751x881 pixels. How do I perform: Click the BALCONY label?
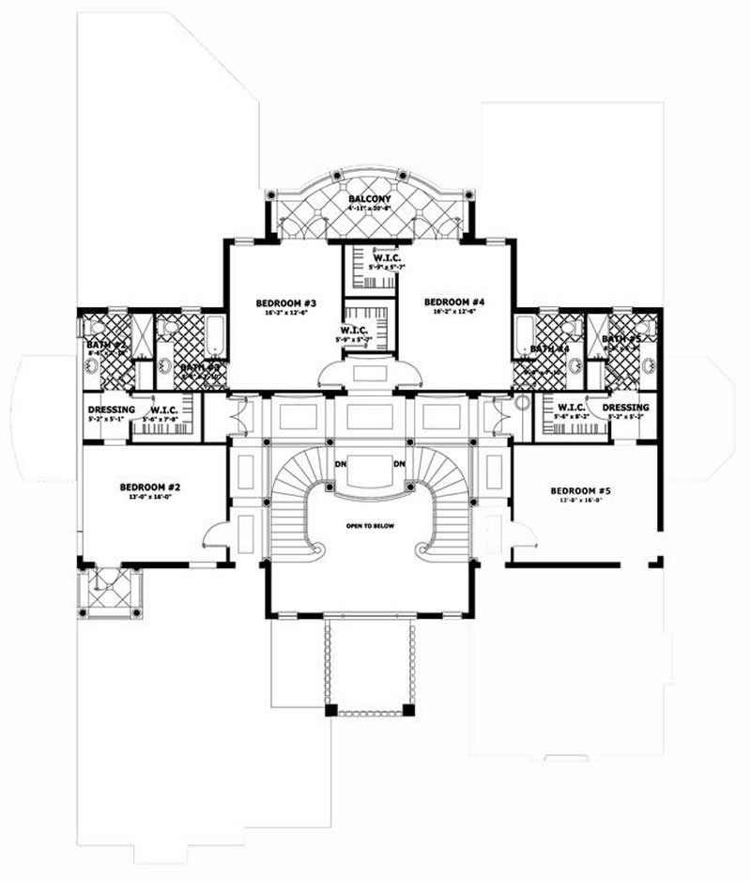[x=370, y=199]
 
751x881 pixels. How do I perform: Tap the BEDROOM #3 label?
[x=283, y=302]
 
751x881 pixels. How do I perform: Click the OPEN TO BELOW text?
[x=369, y=525]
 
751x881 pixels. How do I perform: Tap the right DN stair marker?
[x=399, y=464]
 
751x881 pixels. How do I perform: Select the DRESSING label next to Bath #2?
[x=112, y=410]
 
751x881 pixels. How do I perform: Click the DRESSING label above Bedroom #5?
[x=626, y=407]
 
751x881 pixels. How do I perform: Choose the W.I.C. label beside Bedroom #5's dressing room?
[x=570, y=407]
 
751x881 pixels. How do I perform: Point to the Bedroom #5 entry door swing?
[x=521, y=535]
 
